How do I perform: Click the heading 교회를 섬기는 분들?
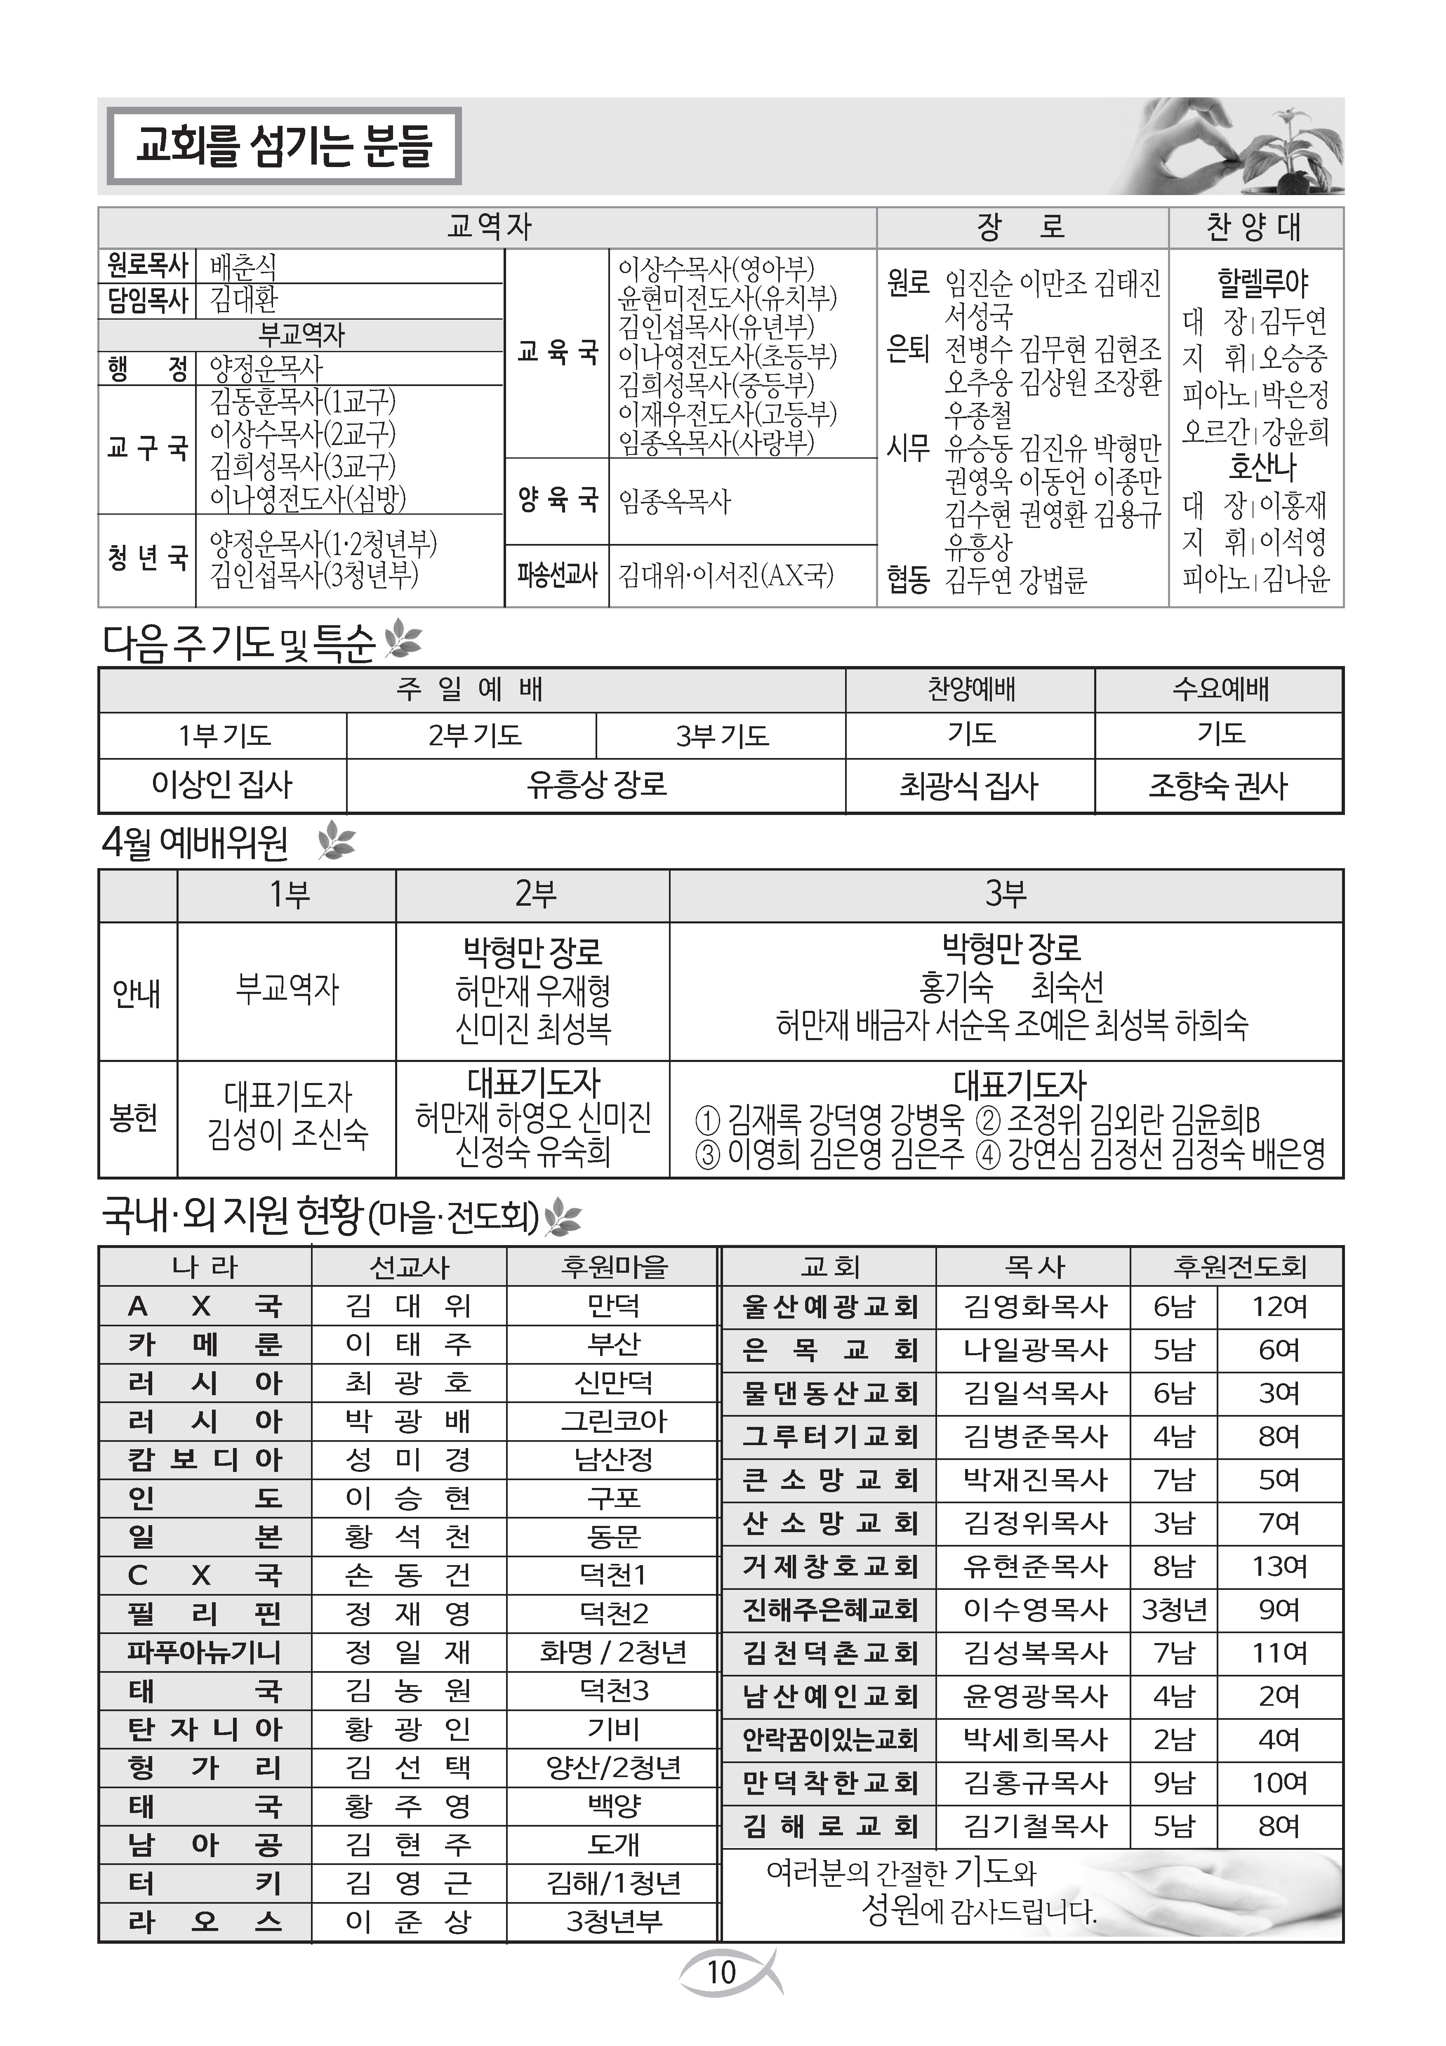(x=283, y=146)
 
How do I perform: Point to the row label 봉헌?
(x=135, y=1118)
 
